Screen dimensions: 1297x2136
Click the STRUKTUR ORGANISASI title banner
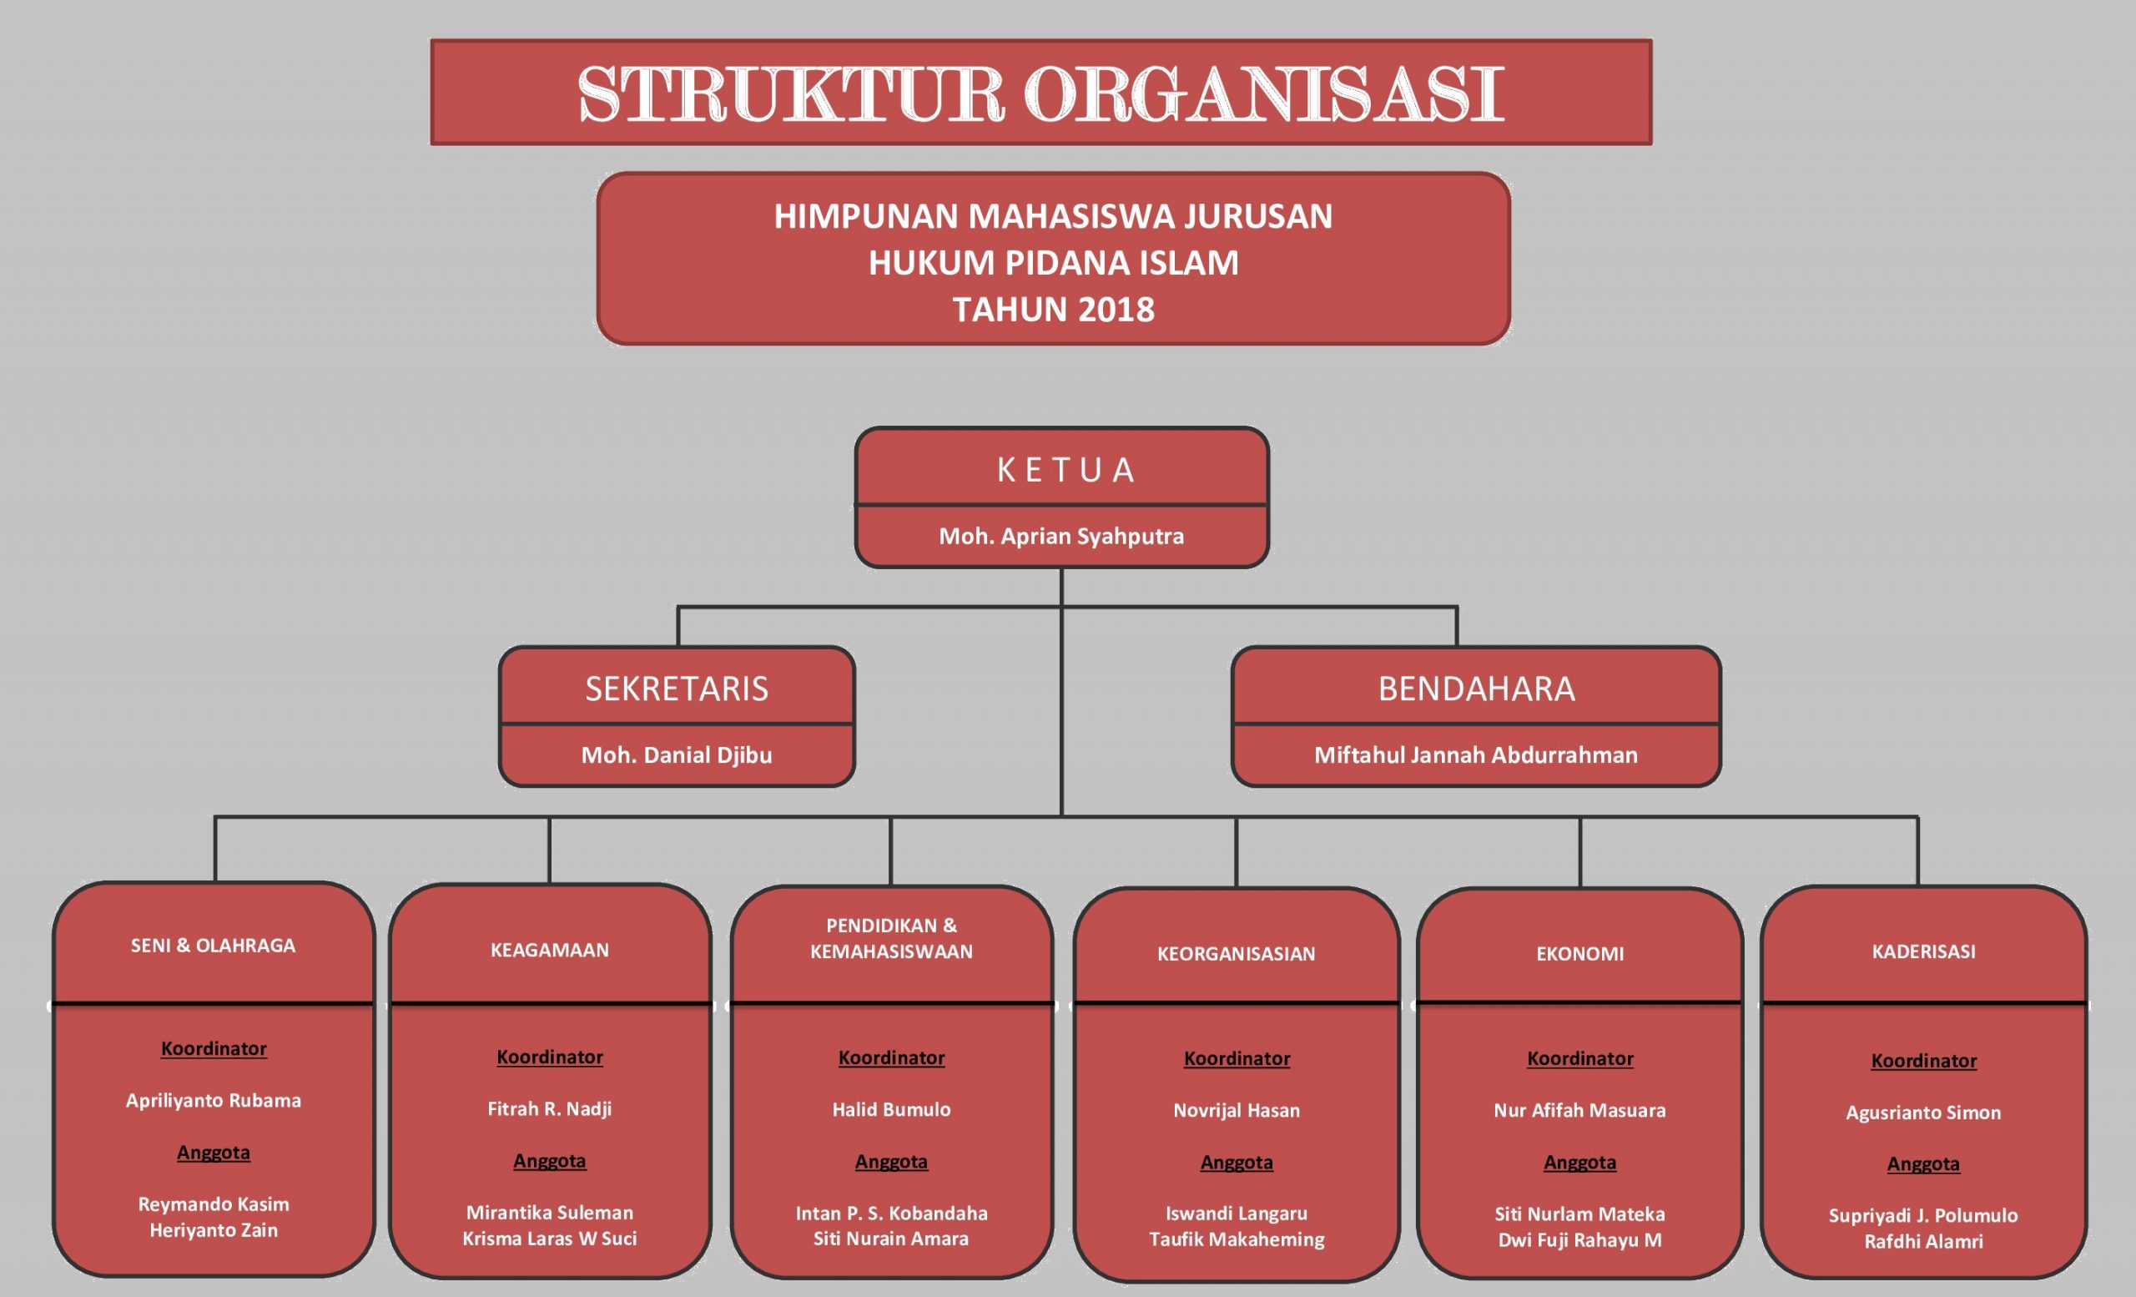[1040, 93]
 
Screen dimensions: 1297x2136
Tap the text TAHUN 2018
[1053, 310]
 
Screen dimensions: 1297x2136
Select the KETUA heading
[1065, 470]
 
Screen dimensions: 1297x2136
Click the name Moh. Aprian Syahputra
[1061, 536]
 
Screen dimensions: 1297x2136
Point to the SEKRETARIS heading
[676, 689]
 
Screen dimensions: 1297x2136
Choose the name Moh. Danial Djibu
[676, 754]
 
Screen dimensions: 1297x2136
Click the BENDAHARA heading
[1476, 689]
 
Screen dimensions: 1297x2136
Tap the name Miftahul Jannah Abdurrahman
[1475, 754]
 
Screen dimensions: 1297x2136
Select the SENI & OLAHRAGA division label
[214, 945]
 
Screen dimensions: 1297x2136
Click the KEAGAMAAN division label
[550, 949]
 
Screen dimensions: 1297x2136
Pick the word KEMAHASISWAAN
[891, 951]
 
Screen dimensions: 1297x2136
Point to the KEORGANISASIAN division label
[1237, 954]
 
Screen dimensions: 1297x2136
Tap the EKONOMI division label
[1579, 954]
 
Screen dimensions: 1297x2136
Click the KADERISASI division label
[1922, 951]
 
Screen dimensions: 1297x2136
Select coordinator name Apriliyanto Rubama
[214, 1100]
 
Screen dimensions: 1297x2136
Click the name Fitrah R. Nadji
[550, 1109]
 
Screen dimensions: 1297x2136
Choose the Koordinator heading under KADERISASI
[1923, 1060]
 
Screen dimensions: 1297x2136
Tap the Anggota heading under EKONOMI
[1579, 1162]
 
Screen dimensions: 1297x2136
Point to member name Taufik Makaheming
[1237, 1239]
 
